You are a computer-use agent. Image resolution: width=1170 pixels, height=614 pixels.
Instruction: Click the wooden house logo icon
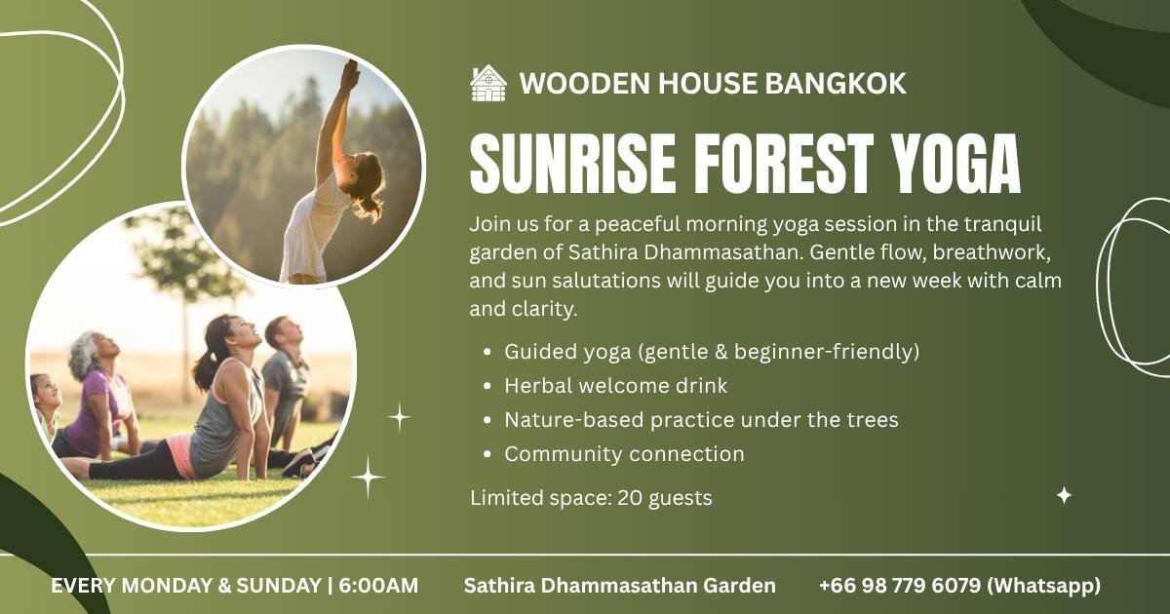[x=487, y=83]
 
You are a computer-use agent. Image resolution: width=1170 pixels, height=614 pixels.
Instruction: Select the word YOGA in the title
[x=955, y=163]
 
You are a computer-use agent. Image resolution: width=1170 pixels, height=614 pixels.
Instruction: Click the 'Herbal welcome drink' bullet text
[x=616, y=386]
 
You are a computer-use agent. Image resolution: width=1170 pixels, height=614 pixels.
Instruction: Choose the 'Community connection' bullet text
[x=624, y=454]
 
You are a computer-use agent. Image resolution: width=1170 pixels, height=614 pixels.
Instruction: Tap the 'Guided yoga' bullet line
[x=712, y=352]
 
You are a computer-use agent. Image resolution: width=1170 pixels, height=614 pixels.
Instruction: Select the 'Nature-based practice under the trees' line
[x=701, y=420]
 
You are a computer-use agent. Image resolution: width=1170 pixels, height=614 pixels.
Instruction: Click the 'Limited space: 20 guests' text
[x=591, y=498]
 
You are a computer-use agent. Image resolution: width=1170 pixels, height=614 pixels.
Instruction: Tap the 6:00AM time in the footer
[x=378, y=586]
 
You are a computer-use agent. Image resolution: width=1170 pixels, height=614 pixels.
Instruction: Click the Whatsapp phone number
[x=960, y=586]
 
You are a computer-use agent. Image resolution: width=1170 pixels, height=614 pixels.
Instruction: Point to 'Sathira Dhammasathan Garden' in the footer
[x=619, y=586]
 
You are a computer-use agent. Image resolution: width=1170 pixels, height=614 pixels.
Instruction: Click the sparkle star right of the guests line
[x=1064, y=495]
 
